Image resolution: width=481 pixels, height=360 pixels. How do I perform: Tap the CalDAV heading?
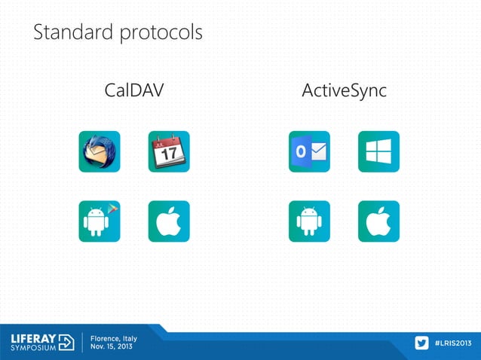pos(134,92)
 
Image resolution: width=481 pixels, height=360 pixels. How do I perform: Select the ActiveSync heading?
pos(344,92)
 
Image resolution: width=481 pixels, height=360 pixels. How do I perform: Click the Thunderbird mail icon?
pos(100,151)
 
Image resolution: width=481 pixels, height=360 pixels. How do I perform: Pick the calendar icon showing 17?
pos(169,151)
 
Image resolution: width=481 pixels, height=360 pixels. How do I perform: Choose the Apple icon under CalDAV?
pos(169,221)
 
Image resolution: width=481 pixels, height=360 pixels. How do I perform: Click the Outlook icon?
pos(309,151)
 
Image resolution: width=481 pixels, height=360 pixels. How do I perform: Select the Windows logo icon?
pos(378,151)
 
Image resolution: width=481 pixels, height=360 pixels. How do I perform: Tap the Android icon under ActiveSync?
pos(309,221)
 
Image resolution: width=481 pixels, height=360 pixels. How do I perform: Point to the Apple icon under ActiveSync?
pos(378,221)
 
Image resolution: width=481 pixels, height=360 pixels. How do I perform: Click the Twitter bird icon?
pos(421,343)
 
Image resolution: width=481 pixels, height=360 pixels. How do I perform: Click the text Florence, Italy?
pos(114,337)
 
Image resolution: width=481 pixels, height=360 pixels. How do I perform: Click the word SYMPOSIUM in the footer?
pos(32,349)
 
